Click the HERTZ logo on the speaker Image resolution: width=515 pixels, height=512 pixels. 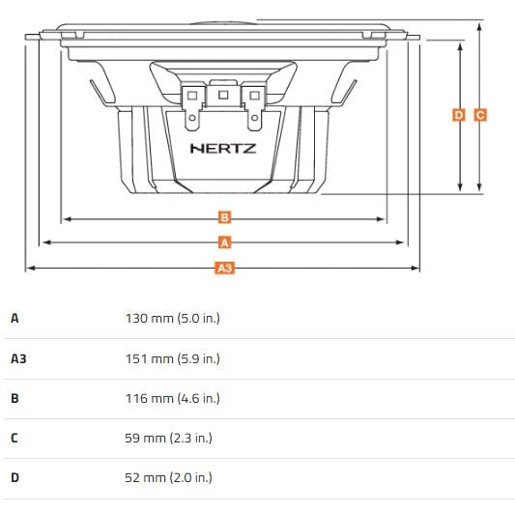coord(223,149)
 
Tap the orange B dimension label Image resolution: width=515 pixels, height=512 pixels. coord(224,217)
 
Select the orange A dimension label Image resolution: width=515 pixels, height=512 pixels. coord(224,242)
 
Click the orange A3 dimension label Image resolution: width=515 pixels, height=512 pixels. coord(224,267)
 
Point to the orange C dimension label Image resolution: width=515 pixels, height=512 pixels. coord(480,115)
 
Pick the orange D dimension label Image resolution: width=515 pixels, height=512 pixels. coord(459,115)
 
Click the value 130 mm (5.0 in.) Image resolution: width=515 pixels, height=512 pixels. coord(172,318)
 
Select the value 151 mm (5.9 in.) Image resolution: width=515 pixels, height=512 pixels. coord(172,358)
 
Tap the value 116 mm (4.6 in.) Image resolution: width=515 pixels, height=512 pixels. coord(172,398)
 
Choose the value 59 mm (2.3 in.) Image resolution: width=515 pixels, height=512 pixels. coord(169,438)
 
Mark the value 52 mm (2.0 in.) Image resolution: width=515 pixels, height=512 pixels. coord(169,477)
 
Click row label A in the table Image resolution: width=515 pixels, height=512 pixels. coord(14,318)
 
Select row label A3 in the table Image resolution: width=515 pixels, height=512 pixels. coord(18,358)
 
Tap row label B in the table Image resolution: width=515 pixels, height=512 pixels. coord(14,398)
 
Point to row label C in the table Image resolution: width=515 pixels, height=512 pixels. coord(14,438)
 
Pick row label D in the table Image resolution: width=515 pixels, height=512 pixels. coord(14,477)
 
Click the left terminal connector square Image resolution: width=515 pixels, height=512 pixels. coord(192,96)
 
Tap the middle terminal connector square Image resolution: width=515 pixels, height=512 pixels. coord(223,95)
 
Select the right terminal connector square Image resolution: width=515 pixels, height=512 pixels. coord(254,96)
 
